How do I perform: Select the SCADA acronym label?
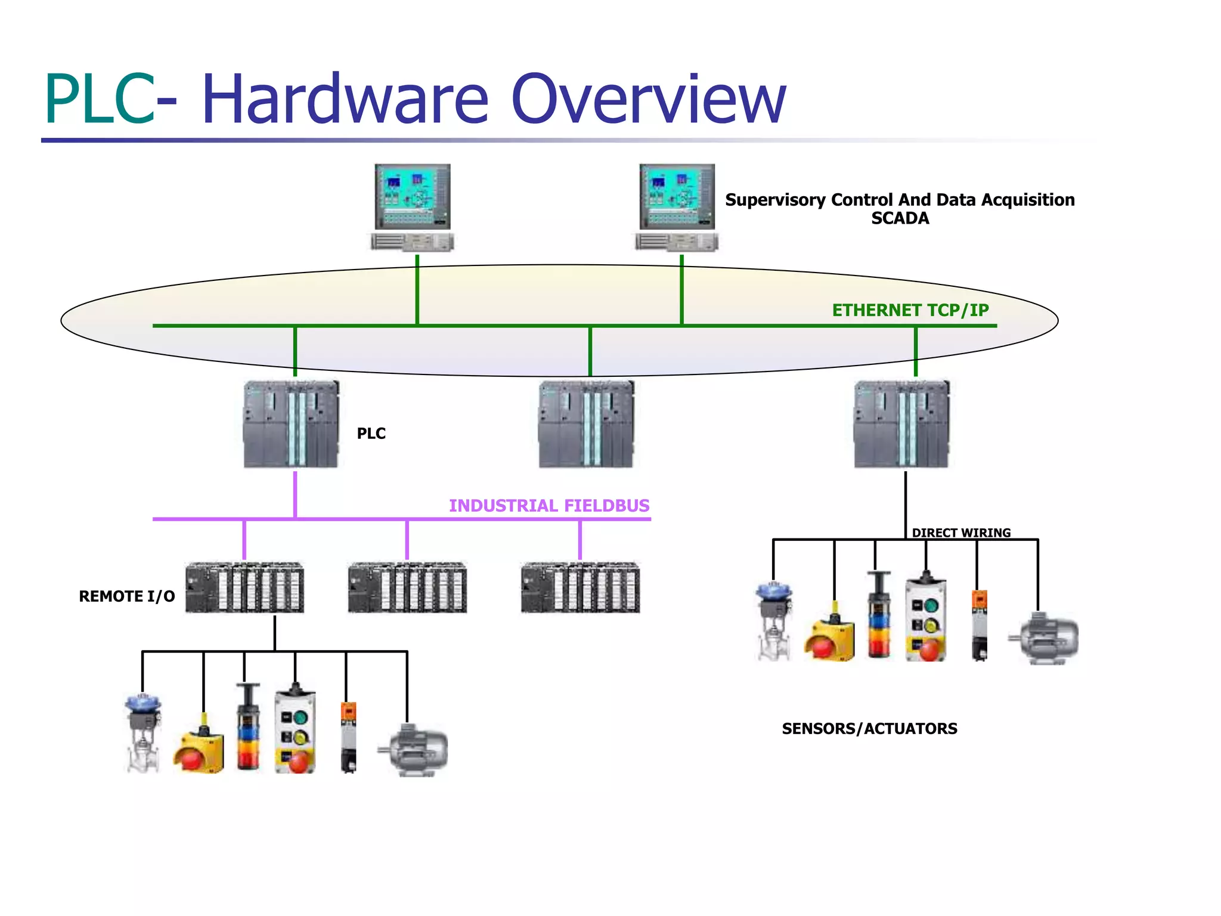pos(900,218)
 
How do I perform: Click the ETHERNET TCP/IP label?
pos(910,310)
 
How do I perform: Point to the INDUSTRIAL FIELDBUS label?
pos(548,506)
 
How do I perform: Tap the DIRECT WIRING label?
pos(961,533)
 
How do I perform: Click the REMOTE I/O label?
pos(127,596)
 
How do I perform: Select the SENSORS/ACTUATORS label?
pos(869,729)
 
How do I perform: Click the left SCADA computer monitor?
pos(413,197)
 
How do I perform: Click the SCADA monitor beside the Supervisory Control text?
pos(677,197)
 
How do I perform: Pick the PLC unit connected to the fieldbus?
pos(292,424)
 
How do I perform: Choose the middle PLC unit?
pos(587,424)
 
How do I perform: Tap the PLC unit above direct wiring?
pos(901,424)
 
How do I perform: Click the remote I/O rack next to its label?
pos(244,587)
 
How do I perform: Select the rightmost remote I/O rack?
pos(580,587)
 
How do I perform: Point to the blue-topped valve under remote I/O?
pos(144,734)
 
